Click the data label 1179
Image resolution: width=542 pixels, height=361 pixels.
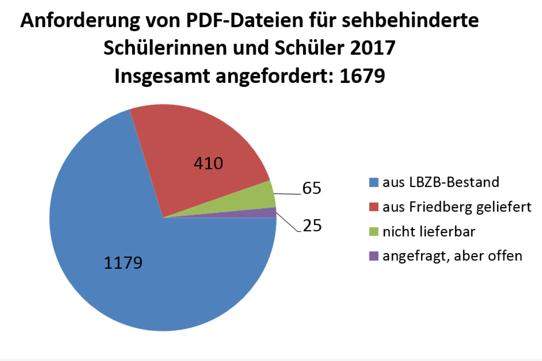(123, 263)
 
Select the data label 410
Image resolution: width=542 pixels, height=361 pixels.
(208, 163)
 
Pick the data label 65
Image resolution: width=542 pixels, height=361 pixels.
(311, 188)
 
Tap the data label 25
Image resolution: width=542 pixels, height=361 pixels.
(312, 226)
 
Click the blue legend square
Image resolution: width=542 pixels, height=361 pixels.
(373, 182)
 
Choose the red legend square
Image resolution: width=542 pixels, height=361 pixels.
(373, 207)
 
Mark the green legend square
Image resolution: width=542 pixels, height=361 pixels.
(373, 232)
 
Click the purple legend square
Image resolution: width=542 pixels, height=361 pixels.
(373, 256)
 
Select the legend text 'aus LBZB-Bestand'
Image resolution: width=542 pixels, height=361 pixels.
(441, 182)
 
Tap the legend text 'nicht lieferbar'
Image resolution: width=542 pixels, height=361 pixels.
(429, 232)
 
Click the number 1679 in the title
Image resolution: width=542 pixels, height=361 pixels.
(362, 76)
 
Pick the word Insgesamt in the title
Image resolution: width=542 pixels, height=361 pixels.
(162, 76)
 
